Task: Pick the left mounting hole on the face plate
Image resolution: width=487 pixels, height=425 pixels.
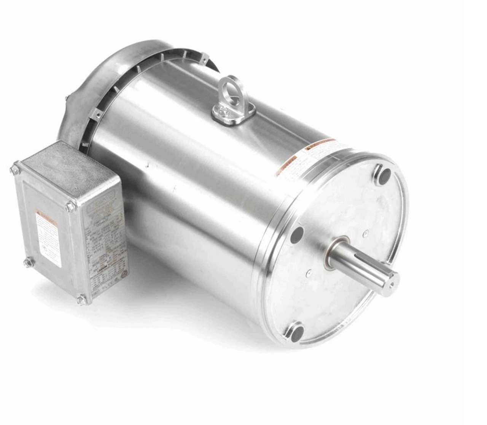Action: (297, 235)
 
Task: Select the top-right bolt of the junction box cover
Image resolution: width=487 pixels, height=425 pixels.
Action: (70, 207)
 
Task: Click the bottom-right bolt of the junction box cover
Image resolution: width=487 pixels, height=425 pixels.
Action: (80, 301)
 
